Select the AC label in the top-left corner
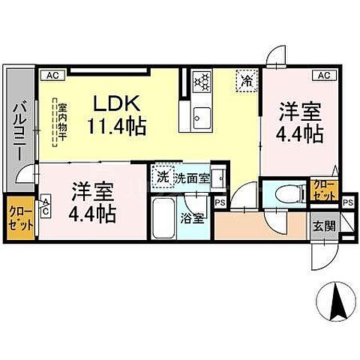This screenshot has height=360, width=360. click(x=53, y=75)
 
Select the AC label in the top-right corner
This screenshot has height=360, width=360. click(x=323, y=75)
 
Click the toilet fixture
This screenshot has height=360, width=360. click(x=286, y=192)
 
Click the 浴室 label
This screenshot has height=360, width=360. click(x=192, y=220)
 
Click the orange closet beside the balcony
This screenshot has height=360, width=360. click(x=19, y=217)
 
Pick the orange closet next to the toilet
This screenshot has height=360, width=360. click(x=324, y=188)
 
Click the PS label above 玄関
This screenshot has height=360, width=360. click(x=348, y=202)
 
